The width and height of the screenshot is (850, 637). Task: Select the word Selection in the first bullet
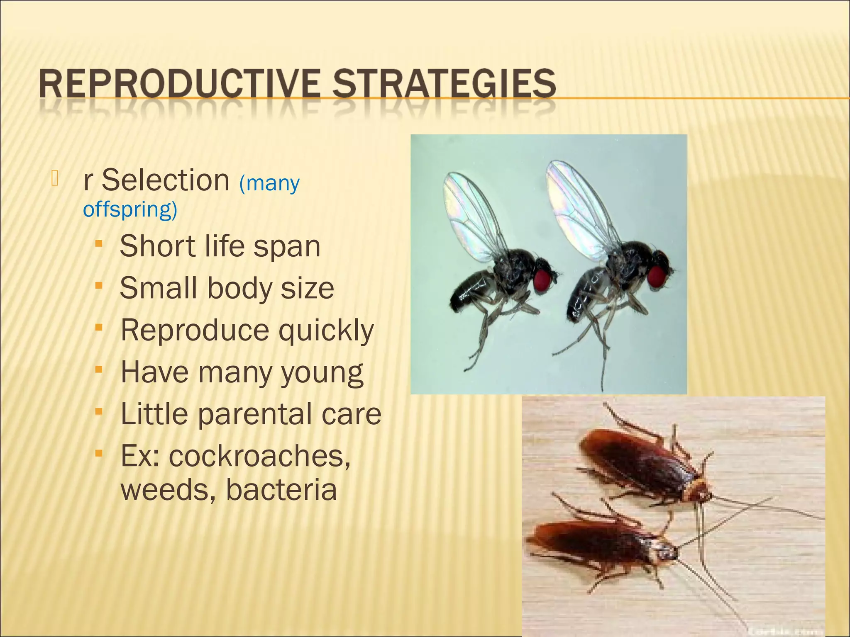[x=165, y=180]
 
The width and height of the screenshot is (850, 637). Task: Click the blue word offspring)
[x=130, y=209]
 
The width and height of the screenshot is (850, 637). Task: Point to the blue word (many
[x=269, y=183]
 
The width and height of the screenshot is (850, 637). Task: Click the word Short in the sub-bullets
[x=157, y=246]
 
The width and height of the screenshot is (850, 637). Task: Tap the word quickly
[x=326, y=331]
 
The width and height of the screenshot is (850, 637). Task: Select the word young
[x=322, y=373]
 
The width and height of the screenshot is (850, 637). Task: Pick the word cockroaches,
[x=259, y=456]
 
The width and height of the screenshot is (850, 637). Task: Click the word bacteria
[x=281, y=490]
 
